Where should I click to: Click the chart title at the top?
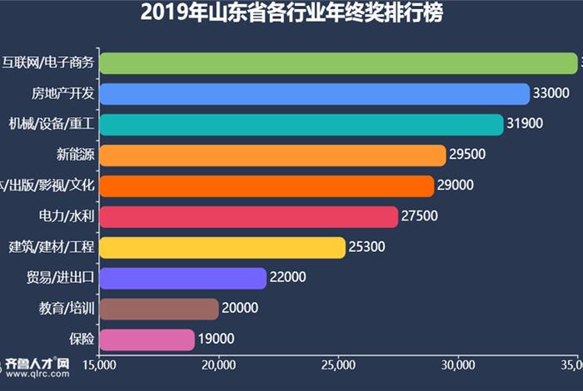291,13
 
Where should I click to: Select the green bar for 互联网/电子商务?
337,63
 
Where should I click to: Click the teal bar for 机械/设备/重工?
301,125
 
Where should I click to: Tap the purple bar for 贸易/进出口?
182,279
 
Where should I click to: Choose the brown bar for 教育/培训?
158,309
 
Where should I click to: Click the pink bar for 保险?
147,339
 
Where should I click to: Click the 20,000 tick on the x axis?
218,364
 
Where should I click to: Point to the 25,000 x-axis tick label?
337,364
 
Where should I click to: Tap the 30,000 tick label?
456,364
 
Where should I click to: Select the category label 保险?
82,339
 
